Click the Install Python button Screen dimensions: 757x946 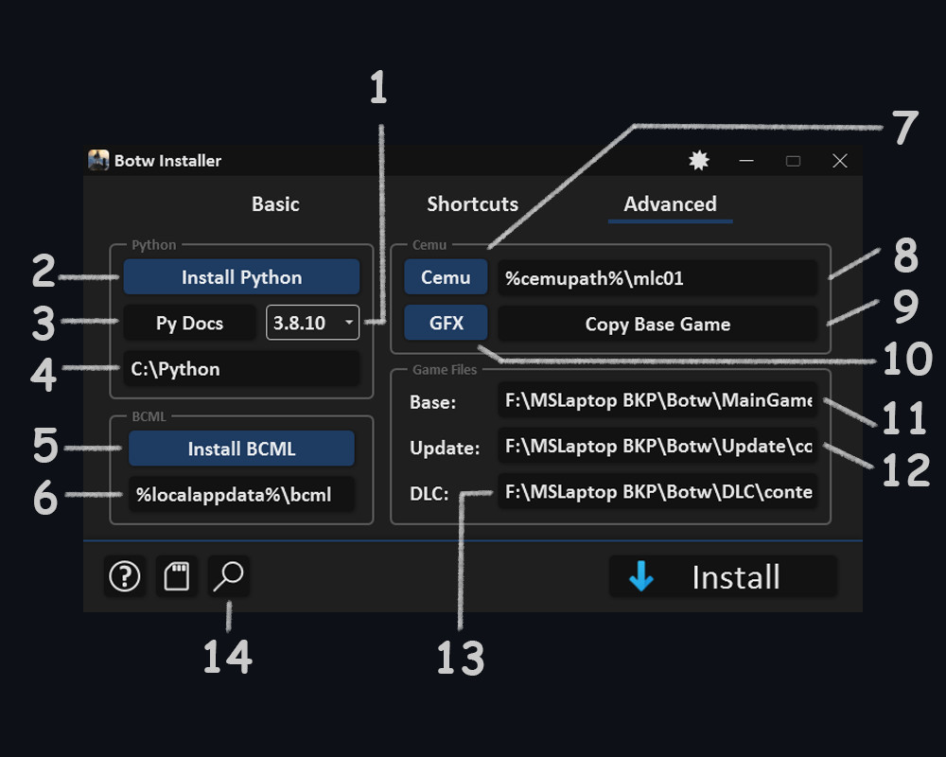[241, 277]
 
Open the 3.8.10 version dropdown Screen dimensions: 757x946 [312, 323]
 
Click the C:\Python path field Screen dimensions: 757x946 [241, 369]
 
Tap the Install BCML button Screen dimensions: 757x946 [241, 449]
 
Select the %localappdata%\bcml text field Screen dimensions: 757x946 [241, 494]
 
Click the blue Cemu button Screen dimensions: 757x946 [446, 277]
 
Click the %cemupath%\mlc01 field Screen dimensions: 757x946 [657, 277]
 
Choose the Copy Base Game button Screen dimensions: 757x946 [657, 324]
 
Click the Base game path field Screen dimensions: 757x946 [657, 400]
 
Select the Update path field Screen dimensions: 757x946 [657, 446]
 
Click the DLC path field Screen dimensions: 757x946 [657, 492]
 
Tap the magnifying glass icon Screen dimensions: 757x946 [228, 576]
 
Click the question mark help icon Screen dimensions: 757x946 [125, 576]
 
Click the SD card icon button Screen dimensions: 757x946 [177, 576]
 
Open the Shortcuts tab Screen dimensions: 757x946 [472, 203]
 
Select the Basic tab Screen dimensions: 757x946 [275, 203]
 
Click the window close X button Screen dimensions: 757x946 [839, 161]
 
